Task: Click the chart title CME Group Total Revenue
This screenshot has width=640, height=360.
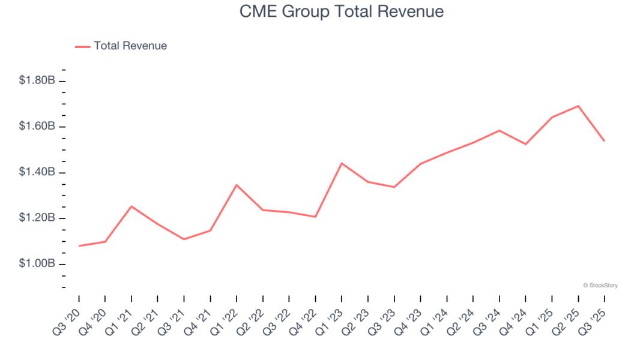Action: coord(342,11)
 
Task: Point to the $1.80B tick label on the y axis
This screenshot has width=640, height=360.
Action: coord(37,80)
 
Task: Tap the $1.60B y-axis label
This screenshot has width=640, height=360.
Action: coord(37,127)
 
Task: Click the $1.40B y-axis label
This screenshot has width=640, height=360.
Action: coord(37,172)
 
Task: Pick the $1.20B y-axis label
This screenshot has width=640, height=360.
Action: coord(37,218)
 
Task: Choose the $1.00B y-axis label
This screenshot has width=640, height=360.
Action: coord(37,264)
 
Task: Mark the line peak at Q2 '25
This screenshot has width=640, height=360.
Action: coord(578,106)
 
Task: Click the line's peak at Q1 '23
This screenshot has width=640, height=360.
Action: coord(342,163)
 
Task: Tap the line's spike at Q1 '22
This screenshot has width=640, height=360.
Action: coord(237,185)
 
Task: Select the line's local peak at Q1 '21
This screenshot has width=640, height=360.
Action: coord(131,206)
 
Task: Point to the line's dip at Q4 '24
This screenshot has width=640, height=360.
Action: coord(525,144)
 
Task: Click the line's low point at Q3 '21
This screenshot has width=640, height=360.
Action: coord(184,239)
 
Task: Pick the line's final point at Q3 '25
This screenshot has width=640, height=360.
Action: coord(604,141)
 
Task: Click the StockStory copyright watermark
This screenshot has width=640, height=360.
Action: coord(600,286)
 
